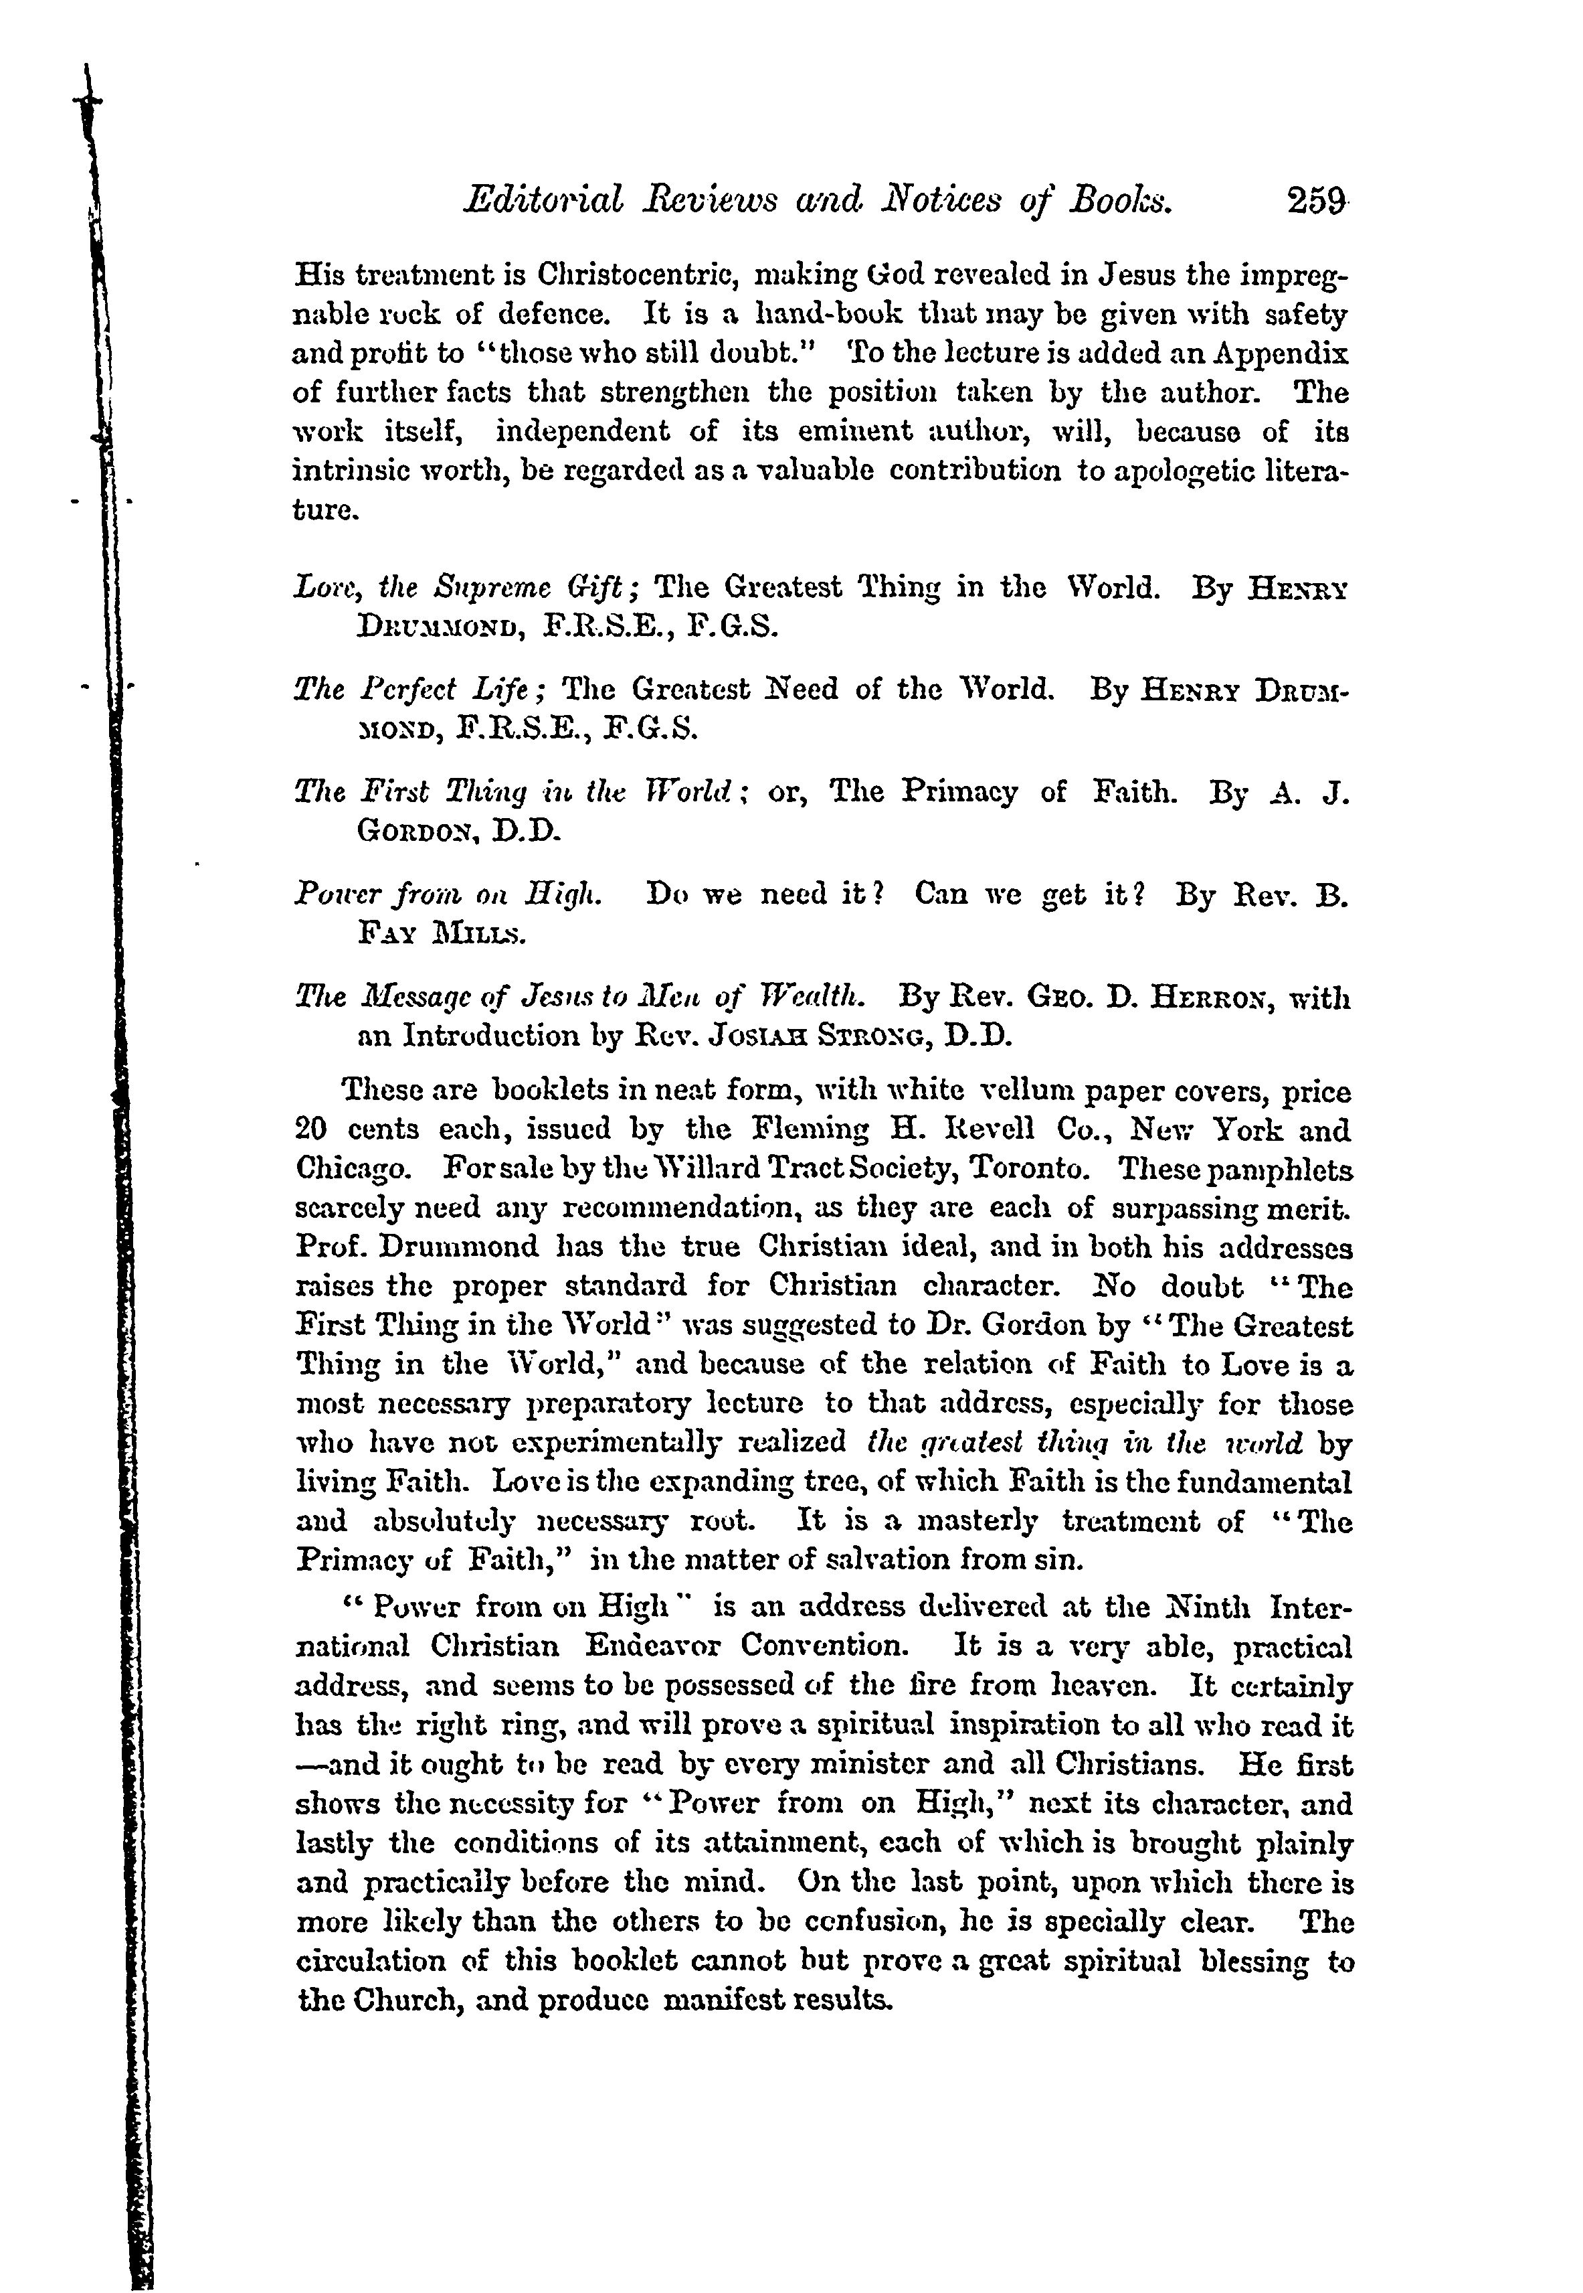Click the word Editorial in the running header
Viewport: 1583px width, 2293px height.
(543, 202)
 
